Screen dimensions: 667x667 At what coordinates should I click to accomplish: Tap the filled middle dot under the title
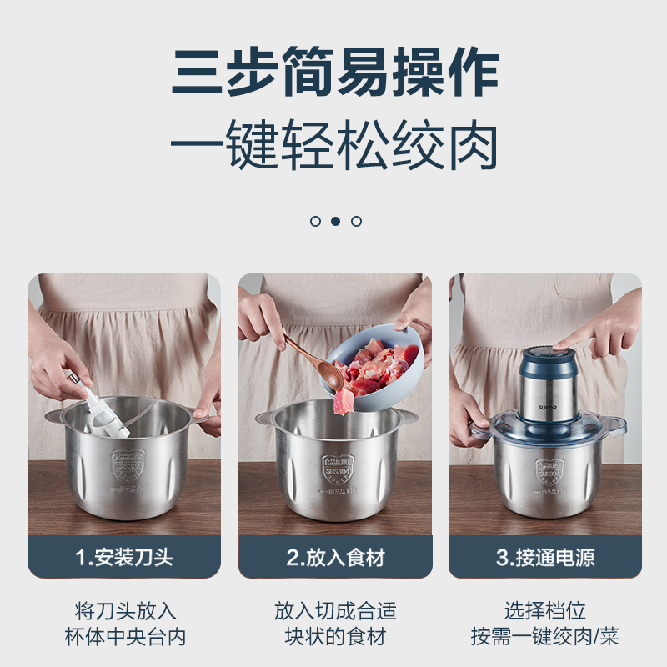(335, 221)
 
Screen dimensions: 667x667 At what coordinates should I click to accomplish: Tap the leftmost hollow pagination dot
(315, 221)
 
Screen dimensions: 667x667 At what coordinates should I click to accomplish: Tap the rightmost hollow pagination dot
(356, 221)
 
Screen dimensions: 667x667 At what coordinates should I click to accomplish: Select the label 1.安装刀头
(124, 557)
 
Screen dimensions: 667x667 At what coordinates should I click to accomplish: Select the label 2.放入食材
(335, 557)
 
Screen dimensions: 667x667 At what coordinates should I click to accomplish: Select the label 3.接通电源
(545, 557)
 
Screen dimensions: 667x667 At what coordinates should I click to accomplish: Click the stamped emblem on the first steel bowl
(128, 468)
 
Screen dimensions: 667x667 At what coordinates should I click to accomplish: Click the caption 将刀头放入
(124, 610)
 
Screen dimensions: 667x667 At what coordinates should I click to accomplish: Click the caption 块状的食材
(335, 638)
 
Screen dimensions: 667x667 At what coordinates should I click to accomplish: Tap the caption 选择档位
(545, 610)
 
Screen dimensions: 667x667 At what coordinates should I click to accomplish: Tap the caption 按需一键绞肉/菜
(545, 638)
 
